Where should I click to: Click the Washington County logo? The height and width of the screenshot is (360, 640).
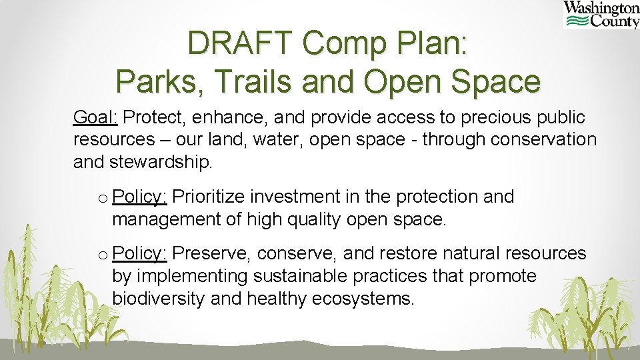tap(601, 15)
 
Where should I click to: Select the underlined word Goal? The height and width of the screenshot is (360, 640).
tap(95, 118)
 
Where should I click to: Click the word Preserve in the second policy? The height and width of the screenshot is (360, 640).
tap(211, 254)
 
